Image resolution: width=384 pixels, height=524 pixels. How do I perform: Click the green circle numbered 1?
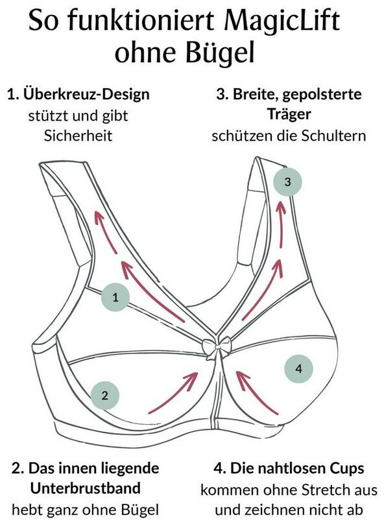[x=115, y=297]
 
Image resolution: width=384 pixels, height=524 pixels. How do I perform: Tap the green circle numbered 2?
[x=105, y=396]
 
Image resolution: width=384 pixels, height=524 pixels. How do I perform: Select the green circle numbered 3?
[x=287, y=182]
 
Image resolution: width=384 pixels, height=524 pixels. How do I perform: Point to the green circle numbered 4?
[x=298, y=368]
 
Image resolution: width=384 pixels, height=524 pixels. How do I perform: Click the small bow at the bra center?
[x=217, y=348]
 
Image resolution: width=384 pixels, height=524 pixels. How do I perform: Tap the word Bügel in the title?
[x=220, y=53]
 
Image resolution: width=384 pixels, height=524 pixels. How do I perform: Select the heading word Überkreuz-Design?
[x=86, y=95]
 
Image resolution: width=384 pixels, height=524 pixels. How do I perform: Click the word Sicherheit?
[x=78, y=136]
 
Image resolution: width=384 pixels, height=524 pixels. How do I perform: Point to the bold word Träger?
[x=289, y=114]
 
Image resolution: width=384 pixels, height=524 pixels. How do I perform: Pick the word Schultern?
[x=333, y=136]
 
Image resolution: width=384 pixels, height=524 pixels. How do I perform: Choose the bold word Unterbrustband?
[x=85, y=488]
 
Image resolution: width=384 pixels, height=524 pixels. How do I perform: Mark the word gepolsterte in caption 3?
[x=322, y=95]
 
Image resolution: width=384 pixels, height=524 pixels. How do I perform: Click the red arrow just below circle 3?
[x=282, y=222]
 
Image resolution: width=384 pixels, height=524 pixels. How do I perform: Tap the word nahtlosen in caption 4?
[x=289, y=468]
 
